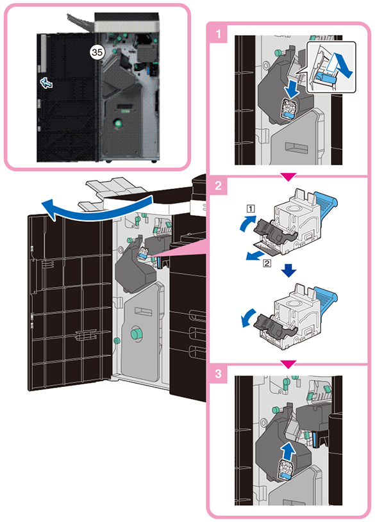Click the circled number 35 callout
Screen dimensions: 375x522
97,53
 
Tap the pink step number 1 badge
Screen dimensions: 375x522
219,33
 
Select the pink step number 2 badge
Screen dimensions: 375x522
219,186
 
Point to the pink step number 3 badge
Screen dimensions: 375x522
219,373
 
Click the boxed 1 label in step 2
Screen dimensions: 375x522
251,208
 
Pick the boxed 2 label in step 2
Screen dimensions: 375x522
267,263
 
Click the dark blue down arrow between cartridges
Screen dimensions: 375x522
288,270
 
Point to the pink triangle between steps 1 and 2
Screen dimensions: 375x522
288,177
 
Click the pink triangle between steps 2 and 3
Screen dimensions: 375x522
288,364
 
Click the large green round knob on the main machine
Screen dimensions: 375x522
136,333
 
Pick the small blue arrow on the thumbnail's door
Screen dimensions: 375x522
46,83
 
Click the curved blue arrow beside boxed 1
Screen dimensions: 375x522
247,223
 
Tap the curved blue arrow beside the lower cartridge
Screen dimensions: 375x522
248,318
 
